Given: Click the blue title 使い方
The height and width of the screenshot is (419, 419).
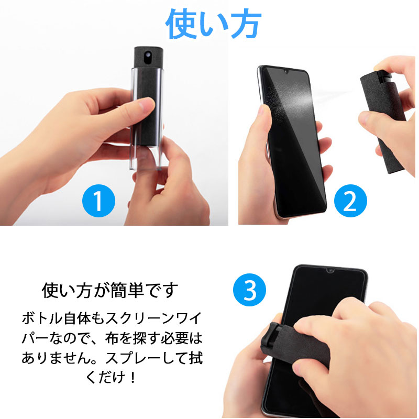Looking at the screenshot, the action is tap(213, 24).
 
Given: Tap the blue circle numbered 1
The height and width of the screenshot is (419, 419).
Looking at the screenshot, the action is tap(98, 201).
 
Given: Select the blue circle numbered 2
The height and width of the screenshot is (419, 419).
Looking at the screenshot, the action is tap(350, 201).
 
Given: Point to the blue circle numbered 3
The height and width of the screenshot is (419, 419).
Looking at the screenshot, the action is tap(249, 290).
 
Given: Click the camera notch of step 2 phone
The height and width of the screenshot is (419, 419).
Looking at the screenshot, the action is tap(285, 72).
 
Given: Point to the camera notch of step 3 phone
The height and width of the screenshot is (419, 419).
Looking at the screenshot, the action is tap(330, 271).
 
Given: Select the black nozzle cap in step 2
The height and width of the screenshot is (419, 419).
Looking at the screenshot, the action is tap(385, 75).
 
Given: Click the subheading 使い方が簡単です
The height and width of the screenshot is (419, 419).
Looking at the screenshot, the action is tap(110, 291).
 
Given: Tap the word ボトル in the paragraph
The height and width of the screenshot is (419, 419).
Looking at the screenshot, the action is tap(42, 318).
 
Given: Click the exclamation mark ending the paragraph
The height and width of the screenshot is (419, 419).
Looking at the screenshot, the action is tap(133, 377).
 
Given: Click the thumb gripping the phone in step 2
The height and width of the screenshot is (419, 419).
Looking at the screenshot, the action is tap(264, 120).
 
